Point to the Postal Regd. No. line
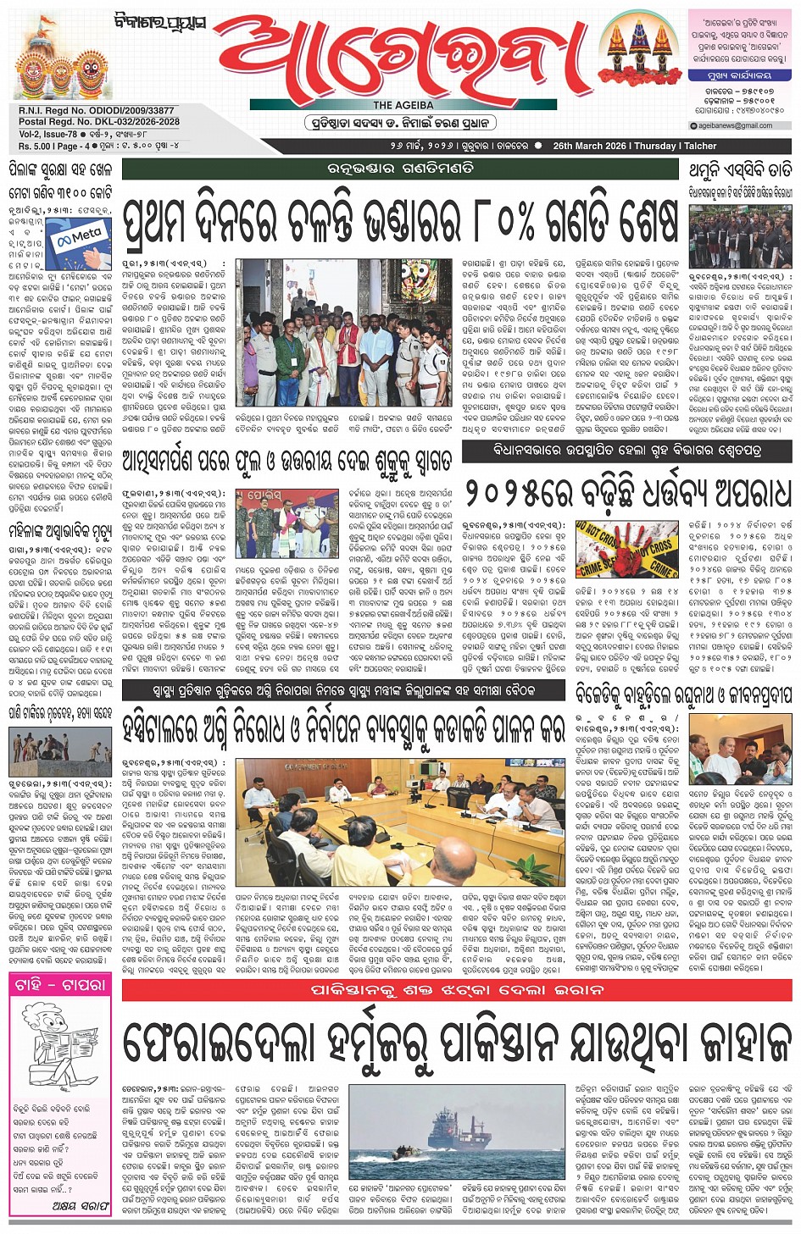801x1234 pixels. click(99, 122)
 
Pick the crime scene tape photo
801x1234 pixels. click(627, 551)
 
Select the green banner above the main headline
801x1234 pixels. click(401, 169)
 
